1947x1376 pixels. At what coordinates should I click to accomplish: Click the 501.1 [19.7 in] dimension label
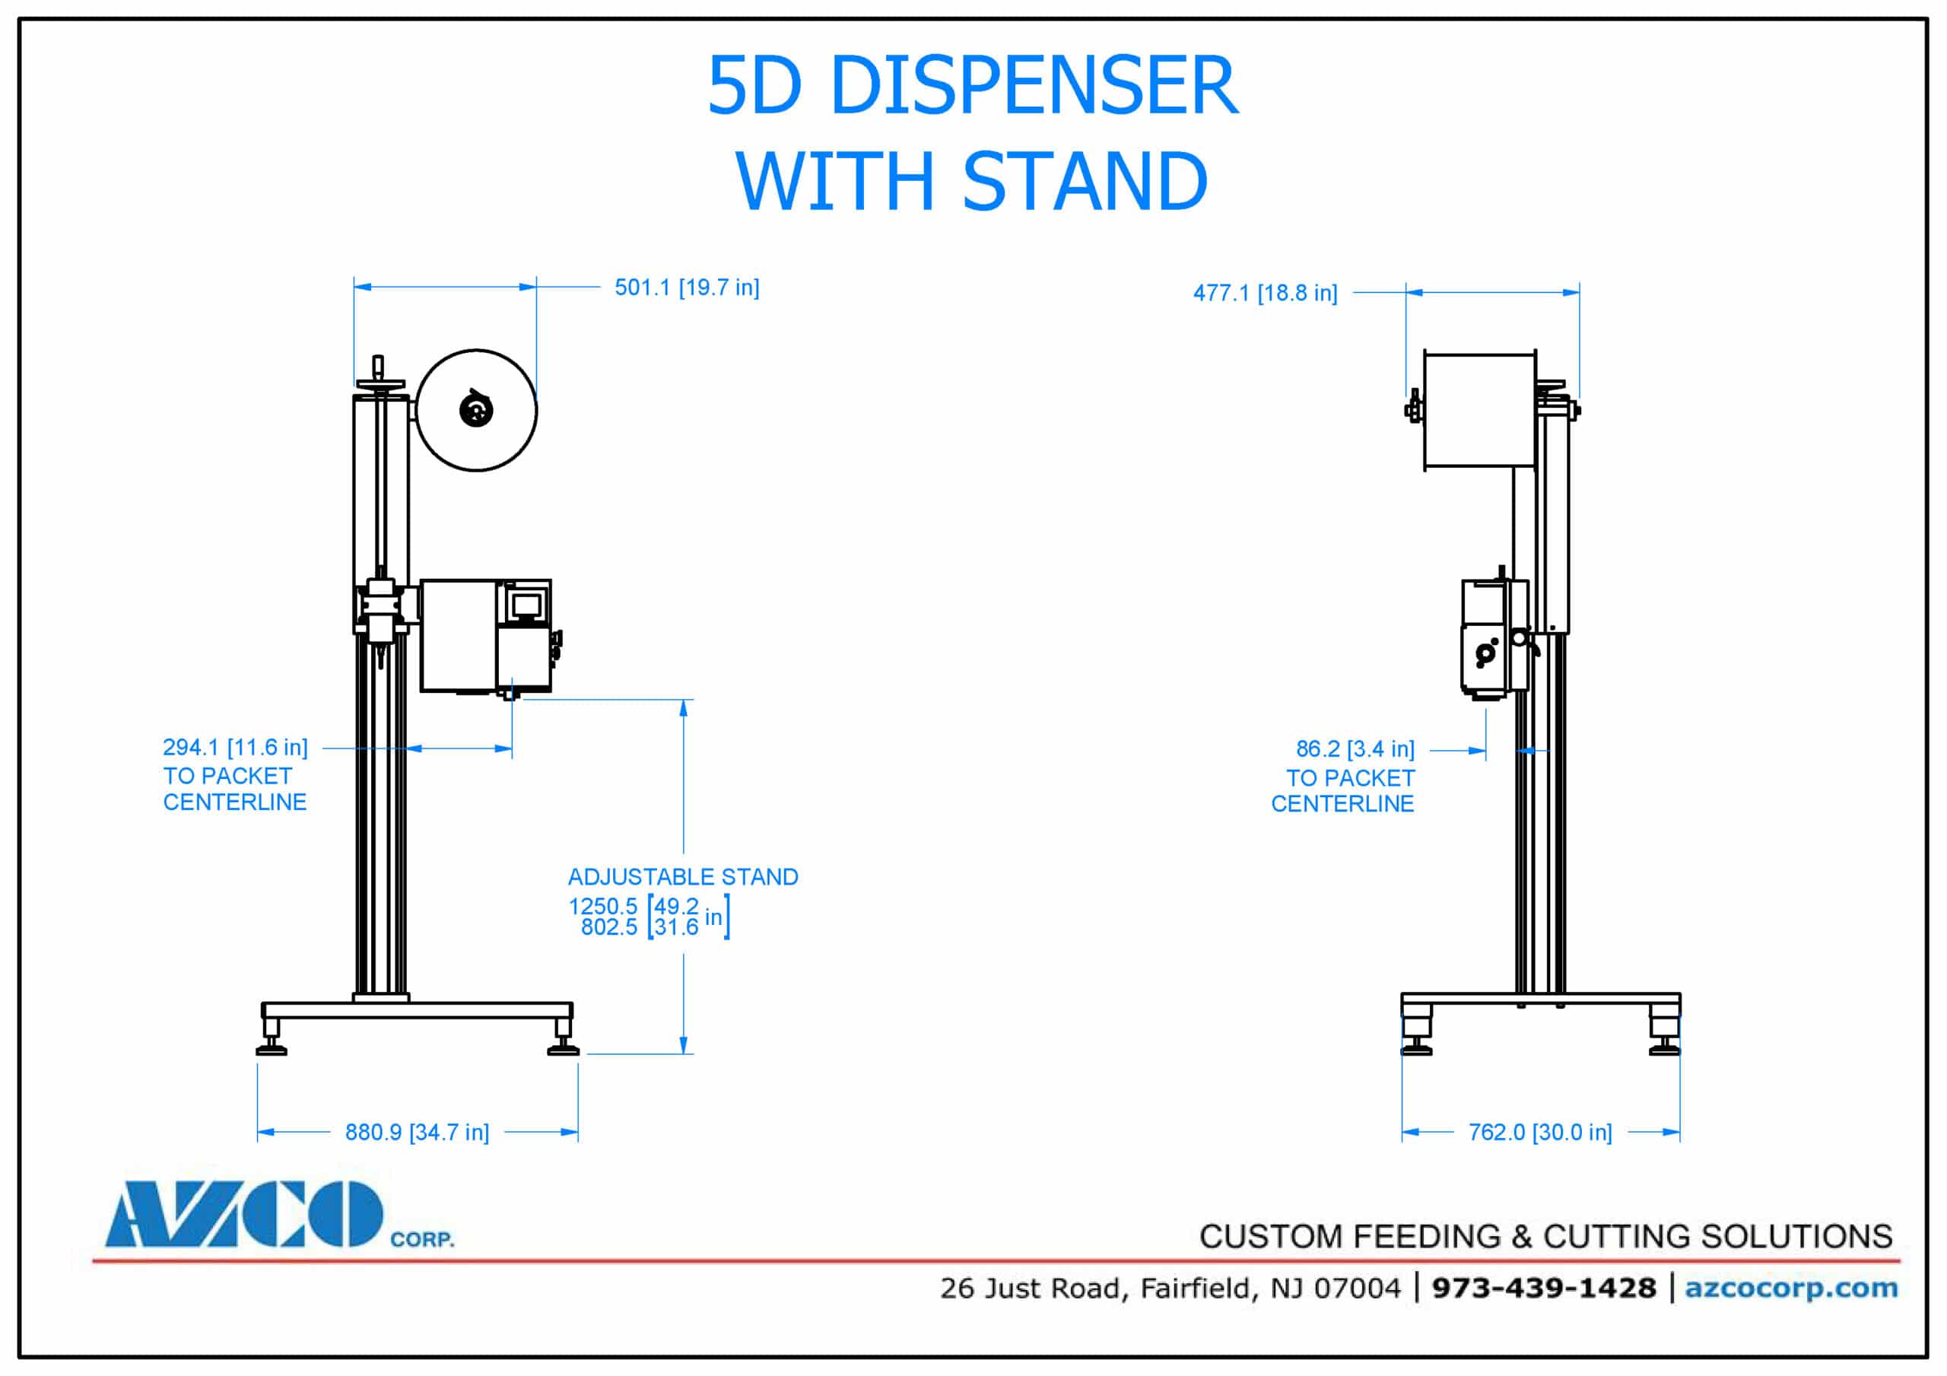coord(686,288)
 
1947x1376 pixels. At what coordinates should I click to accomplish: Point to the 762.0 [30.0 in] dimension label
coord(1539,1133)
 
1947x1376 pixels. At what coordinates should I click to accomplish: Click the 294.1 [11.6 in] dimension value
coord(235,748)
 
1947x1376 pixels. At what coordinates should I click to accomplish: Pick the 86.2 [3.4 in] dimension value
coord(1355,749)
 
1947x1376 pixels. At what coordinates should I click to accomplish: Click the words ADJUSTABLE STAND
coord(683,877)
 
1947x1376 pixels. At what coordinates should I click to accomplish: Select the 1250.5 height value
coord(602,906)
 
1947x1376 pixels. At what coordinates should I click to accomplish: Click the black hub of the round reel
coord(476,412)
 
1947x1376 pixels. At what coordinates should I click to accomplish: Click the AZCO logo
coord(244,1214)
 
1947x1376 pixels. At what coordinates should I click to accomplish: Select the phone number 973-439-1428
coord(1543,1288)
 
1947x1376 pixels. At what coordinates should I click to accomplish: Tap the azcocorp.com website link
coord(1790,1288)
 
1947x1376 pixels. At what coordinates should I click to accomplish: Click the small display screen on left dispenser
coord(526,605)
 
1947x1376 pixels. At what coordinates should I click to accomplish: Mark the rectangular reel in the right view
coord(1479,410)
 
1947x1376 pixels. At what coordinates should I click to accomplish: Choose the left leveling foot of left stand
coord(272,1039)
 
